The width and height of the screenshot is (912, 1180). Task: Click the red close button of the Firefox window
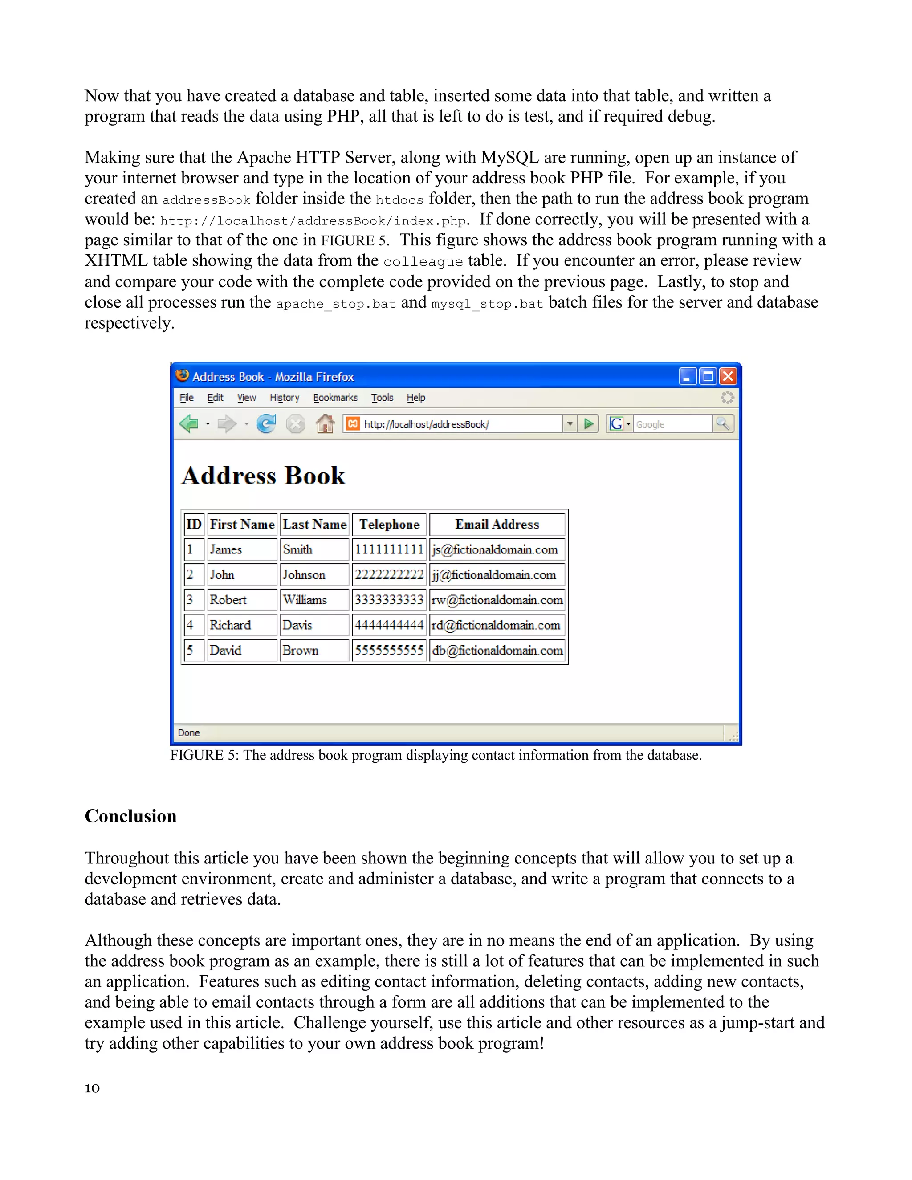tap(728, 376)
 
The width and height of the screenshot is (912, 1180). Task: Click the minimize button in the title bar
tap(687, 376)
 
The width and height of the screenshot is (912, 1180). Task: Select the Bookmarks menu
tap(335, 398)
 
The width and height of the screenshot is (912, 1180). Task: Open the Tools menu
tap(382, 398)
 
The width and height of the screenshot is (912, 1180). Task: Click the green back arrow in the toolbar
tap(188, 424)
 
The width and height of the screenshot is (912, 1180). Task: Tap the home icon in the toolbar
tap(325, 424)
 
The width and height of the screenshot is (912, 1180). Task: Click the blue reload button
tap(266, 424)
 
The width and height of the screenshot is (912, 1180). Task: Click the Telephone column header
tap(389, 524)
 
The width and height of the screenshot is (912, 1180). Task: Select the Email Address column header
tap(497, 524)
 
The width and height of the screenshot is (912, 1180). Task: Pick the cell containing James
tap(226, 549)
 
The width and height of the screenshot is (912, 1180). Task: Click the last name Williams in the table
tap(305, 600)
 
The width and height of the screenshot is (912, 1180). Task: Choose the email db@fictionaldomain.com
tap(497, 651)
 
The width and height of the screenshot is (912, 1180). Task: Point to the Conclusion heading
tap(131, 816)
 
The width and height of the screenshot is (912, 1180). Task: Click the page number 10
tap(92, 1088)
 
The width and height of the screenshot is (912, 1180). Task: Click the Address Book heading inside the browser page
tap(263, 476)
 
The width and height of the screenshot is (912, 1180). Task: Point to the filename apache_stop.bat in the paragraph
tap(335, 304)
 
